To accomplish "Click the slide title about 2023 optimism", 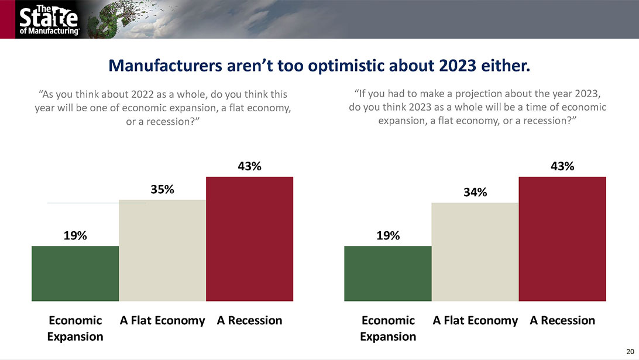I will [x=319, y=66].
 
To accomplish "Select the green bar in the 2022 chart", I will [x=75, y=273].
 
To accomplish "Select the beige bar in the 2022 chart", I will [x=162, y=251].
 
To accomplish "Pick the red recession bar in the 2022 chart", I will [x=249, y=239].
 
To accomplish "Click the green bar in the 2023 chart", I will [x=388, y=273].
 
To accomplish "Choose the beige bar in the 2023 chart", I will [x=475, y=252].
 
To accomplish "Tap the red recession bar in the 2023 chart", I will [x=562, y=239].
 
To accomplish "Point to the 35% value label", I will [x=162, y=190].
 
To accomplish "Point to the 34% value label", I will [x=475, y=193].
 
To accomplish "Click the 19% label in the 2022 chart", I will [x=75, y=236].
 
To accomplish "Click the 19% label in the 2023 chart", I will [x=388, y=236].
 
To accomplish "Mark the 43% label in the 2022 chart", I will [x=249, y=166].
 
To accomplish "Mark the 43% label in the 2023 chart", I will [x=562, y=166].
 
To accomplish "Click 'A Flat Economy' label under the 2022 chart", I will [x=162, y=320].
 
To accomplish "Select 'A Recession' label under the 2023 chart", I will [x=562, y=320].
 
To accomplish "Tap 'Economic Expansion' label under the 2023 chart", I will [x=388, y=328].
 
